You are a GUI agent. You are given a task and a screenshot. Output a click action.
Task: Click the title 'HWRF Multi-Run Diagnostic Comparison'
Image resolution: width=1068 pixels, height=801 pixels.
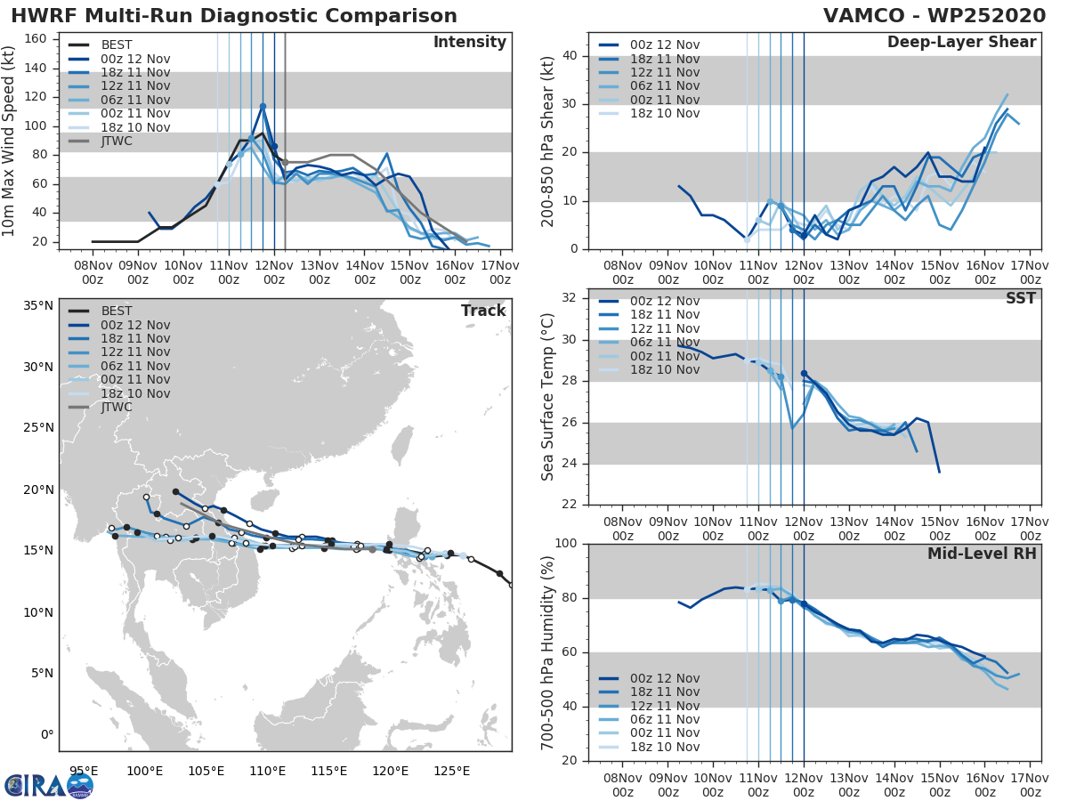click(x=234, y=16)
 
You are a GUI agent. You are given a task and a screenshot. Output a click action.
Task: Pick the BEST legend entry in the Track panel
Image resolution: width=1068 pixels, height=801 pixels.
click(x=117, y=311)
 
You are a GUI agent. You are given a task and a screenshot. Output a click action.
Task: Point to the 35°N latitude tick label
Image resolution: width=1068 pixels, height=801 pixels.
click(x=38, y=306)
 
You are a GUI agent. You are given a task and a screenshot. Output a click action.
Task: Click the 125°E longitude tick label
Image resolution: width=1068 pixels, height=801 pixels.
click(x=451, y=771)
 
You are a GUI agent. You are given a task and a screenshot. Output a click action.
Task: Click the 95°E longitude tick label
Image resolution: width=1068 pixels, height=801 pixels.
click(x=84, y=771)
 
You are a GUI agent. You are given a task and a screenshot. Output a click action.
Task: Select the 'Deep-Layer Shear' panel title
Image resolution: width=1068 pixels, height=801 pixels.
click(x=961, y=43)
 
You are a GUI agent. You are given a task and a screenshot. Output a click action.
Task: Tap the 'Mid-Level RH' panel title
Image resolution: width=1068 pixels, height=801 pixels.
click(x=982, y=554)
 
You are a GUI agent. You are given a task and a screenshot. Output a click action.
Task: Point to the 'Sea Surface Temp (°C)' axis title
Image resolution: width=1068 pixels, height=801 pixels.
click(x=547, y=396)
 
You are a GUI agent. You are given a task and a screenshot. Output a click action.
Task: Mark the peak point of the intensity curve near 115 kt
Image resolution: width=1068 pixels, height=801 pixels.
click(x=263, y=106)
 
